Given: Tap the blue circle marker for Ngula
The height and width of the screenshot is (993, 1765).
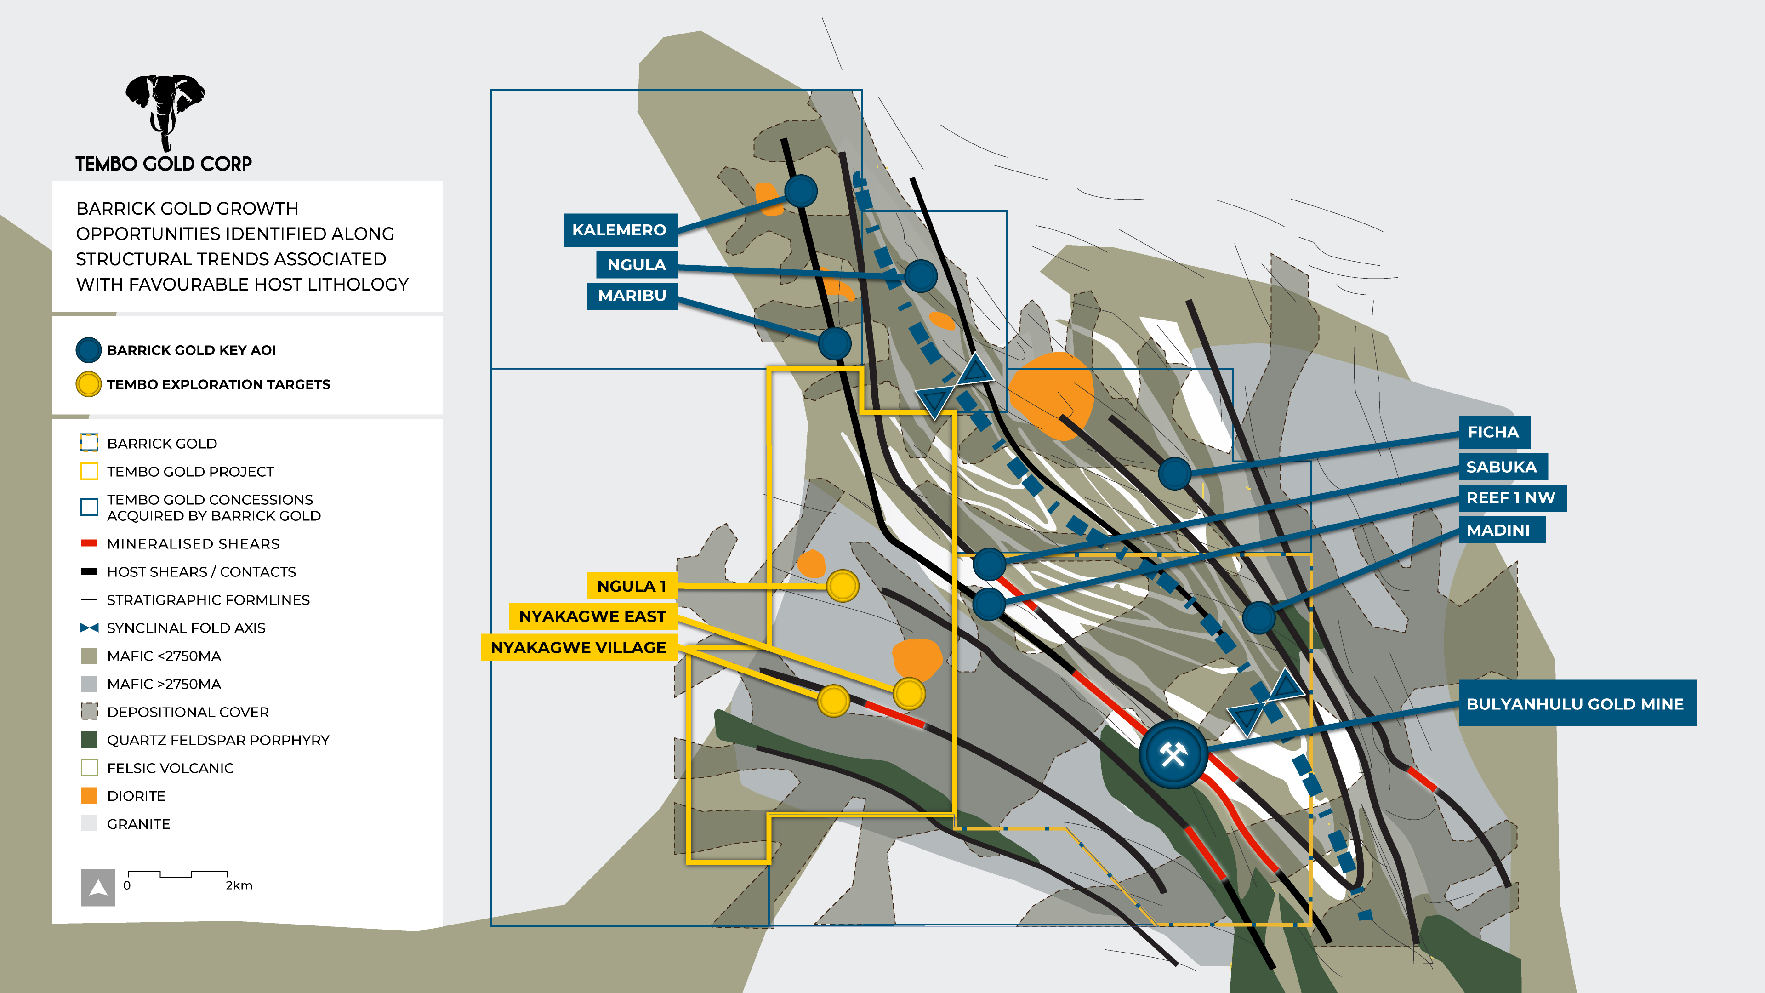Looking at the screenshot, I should pyautogui.click(x=920, y=276).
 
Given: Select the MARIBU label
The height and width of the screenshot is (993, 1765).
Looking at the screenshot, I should pyautogui.click(x=632, y=295).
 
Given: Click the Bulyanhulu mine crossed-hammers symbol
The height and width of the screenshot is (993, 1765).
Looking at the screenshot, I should pyautogui.click(x=1173, y=754).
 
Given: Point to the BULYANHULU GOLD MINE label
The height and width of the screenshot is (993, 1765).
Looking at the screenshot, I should pyautogui.click(x=1577, y=704).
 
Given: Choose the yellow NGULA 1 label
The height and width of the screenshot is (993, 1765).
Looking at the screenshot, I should pyautogui.click(x=631, y=587).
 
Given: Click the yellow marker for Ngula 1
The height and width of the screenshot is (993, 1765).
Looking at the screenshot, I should pyautogui.click(x=842, y=586).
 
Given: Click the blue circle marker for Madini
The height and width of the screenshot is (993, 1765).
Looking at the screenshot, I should pyautogui.click(x=1258, y=617).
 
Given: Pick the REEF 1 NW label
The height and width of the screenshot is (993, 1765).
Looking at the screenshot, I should pyautogui.click(x=1511, y=497).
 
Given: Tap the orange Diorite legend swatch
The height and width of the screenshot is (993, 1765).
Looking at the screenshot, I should pyautogui.click(x=89, y=796).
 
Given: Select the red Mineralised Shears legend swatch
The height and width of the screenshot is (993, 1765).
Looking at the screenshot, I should pyautogui.click(x=89, y=543).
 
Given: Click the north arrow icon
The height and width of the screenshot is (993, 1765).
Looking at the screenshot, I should pyautogui.click(x=98, y=888).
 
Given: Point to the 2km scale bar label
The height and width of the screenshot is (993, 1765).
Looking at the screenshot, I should pyautogui.click(x=239, y=885).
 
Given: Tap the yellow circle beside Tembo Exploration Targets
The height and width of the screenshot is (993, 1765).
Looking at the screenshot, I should pyautogui.click(x=88, y=384).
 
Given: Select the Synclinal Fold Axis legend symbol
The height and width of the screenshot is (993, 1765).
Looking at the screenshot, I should pyautogui.click(x=89, y=628).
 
